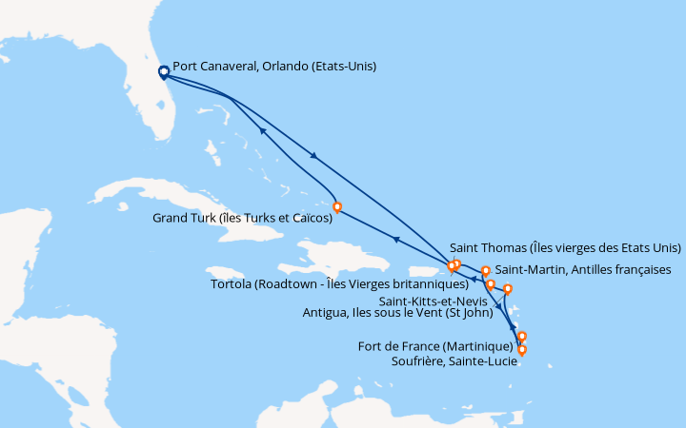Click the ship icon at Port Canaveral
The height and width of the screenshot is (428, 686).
(x=163, y=70)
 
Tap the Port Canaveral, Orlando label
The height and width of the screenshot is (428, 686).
(x=274, y=67)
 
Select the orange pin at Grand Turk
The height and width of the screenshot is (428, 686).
(x=336, y=206)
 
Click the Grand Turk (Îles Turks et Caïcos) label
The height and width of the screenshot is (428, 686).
(x=243, y=218)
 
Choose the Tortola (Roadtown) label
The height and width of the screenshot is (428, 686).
(x=339, y=283)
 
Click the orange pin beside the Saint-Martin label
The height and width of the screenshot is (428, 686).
(x=486, y=271)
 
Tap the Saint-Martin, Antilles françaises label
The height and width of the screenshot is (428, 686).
(x=583, y=270)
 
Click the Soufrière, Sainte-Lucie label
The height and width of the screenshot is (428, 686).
(x=445, y=360)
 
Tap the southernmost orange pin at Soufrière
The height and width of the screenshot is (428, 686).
(x=522, y=350)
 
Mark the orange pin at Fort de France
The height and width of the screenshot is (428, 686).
(x=522, y=336)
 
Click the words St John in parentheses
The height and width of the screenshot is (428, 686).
(x=485, y=311)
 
